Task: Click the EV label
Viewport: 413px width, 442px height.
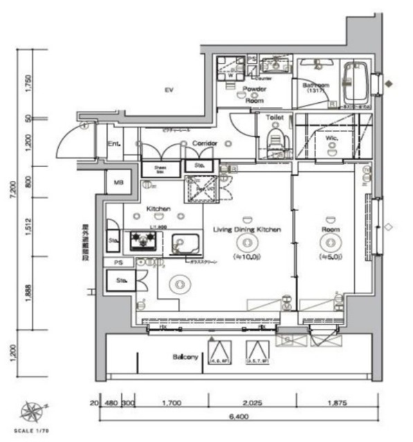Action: [x=168, y=90]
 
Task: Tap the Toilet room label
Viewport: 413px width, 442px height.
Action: [x=276, y=119]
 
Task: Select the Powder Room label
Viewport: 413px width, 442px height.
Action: [x=255, y=95]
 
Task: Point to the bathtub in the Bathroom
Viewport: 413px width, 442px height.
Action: [x=356, y=83]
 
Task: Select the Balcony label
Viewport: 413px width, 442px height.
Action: [x=185, y=357]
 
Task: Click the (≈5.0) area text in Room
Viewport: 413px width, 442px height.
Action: [x=329, y=256]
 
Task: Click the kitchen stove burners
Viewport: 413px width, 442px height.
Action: [x=144, y=241]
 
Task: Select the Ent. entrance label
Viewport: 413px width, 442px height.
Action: [x=115, y=144]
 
